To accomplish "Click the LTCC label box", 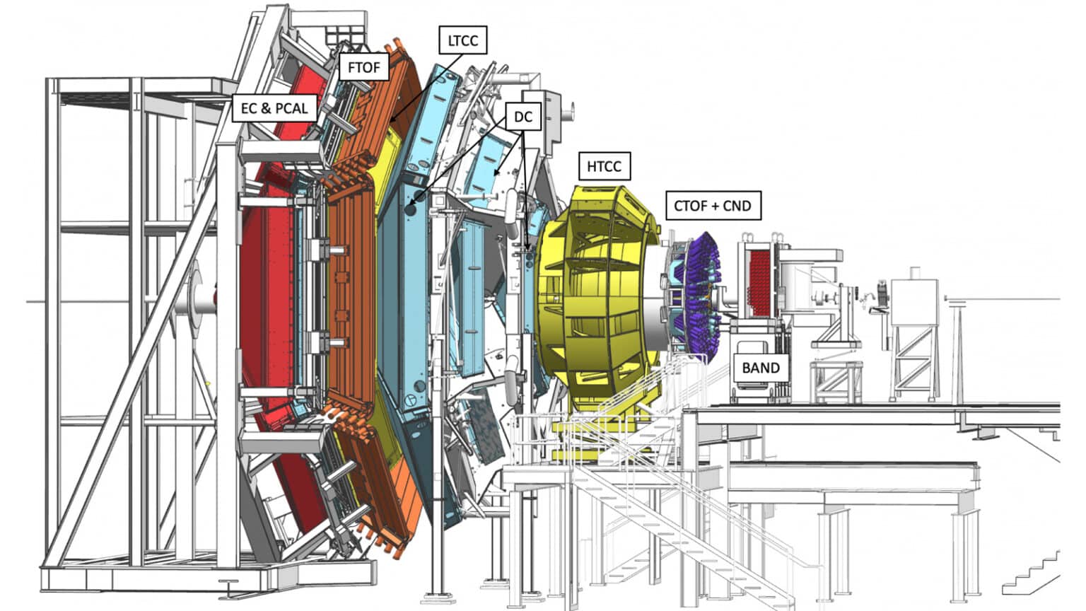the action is pyautogui.click(x=462, y=40).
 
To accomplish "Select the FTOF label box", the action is pyautogui.click(x=364, y=67).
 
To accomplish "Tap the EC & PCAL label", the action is pyautogui.click(x=274, y=107).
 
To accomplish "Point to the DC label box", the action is pyautogui.click(x=523, y=117).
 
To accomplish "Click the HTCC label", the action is pyautogui.click(x=604, y=166).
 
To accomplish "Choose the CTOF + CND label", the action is pyautogui.click(x=713, y=206).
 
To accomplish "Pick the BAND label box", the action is pyautogui.click(x=761, y=368).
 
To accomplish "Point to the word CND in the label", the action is pyautogui.click(x=737, y=206).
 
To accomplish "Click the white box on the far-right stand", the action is pyautogui.click(x=914, y=301).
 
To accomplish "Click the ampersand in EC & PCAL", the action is pyautogui.click(x=265, y=108).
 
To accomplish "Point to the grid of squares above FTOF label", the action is pyautogui.click(x=344, y=35).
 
